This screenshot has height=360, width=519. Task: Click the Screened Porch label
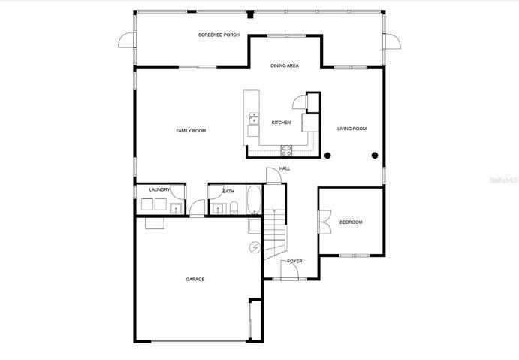coord(219,35)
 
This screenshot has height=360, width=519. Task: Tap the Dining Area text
coord(285,65)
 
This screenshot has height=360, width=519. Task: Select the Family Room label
coord(191,131)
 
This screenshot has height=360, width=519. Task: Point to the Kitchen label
coord(282,123)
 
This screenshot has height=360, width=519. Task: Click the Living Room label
coord(352,129)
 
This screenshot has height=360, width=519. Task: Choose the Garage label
coord(195,280)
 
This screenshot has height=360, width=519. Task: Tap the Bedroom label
coord(352,222)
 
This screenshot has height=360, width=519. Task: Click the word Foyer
coord(294,261)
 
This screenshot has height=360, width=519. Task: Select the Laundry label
coord(159,189)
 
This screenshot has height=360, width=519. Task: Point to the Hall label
coord(285,168)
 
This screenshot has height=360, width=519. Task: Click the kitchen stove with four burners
coord(287,151)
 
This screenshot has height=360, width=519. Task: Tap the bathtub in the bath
coord(254,199)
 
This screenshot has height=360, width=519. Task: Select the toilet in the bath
coord(234,207)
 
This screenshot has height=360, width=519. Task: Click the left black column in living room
coord(327,156)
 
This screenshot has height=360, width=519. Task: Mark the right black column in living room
coord(375,156)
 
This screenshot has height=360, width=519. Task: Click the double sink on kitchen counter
coord(254,118)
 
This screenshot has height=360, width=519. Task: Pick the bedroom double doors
coord(324,222)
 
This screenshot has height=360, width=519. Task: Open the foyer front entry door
coord(290,270)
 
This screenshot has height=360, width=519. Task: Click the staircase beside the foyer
coord(275,234)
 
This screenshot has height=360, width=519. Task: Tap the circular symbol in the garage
coord(255,247)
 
